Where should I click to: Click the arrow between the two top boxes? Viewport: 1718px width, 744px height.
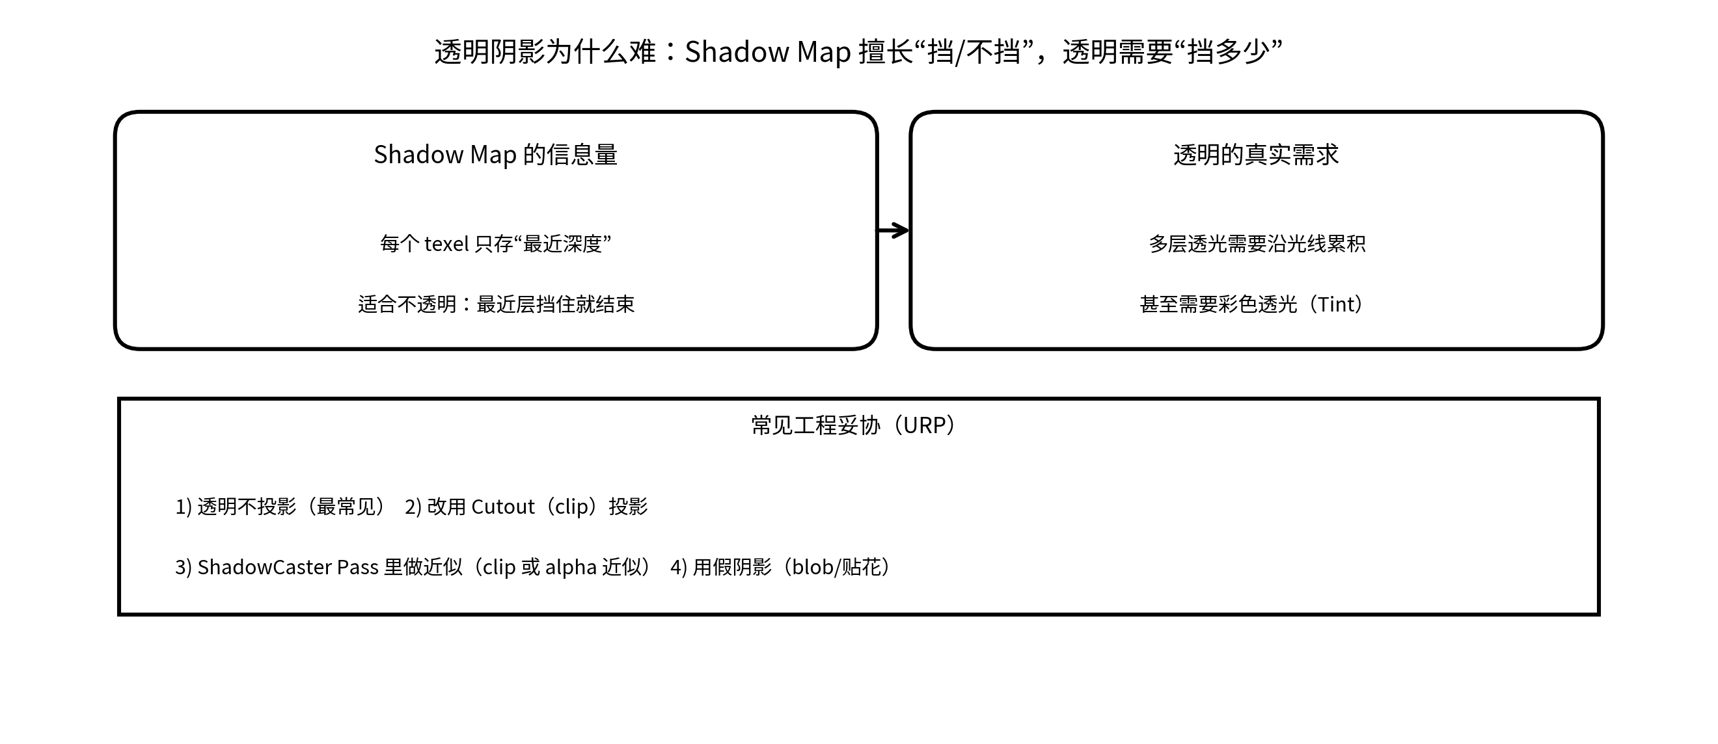[893, 231]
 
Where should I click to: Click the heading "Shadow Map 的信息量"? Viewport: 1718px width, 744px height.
[495, 155]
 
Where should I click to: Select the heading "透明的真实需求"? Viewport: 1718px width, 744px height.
[1256, 155]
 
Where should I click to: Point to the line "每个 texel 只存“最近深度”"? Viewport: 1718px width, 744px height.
[495, 244]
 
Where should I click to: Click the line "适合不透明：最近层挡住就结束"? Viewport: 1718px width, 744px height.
[495, 304]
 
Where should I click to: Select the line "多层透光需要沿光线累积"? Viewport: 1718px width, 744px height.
[1257, 244]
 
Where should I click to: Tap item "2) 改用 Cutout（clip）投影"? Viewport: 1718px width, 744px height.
[526, 507]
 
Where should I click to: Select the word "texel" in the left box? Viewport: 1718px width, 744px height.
[447, 244]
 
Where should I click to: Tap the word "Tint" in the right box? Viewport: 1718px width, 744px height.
[1338, 304]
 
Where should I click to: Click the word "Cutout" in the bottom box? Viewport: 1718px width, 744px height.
[503, 507]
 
